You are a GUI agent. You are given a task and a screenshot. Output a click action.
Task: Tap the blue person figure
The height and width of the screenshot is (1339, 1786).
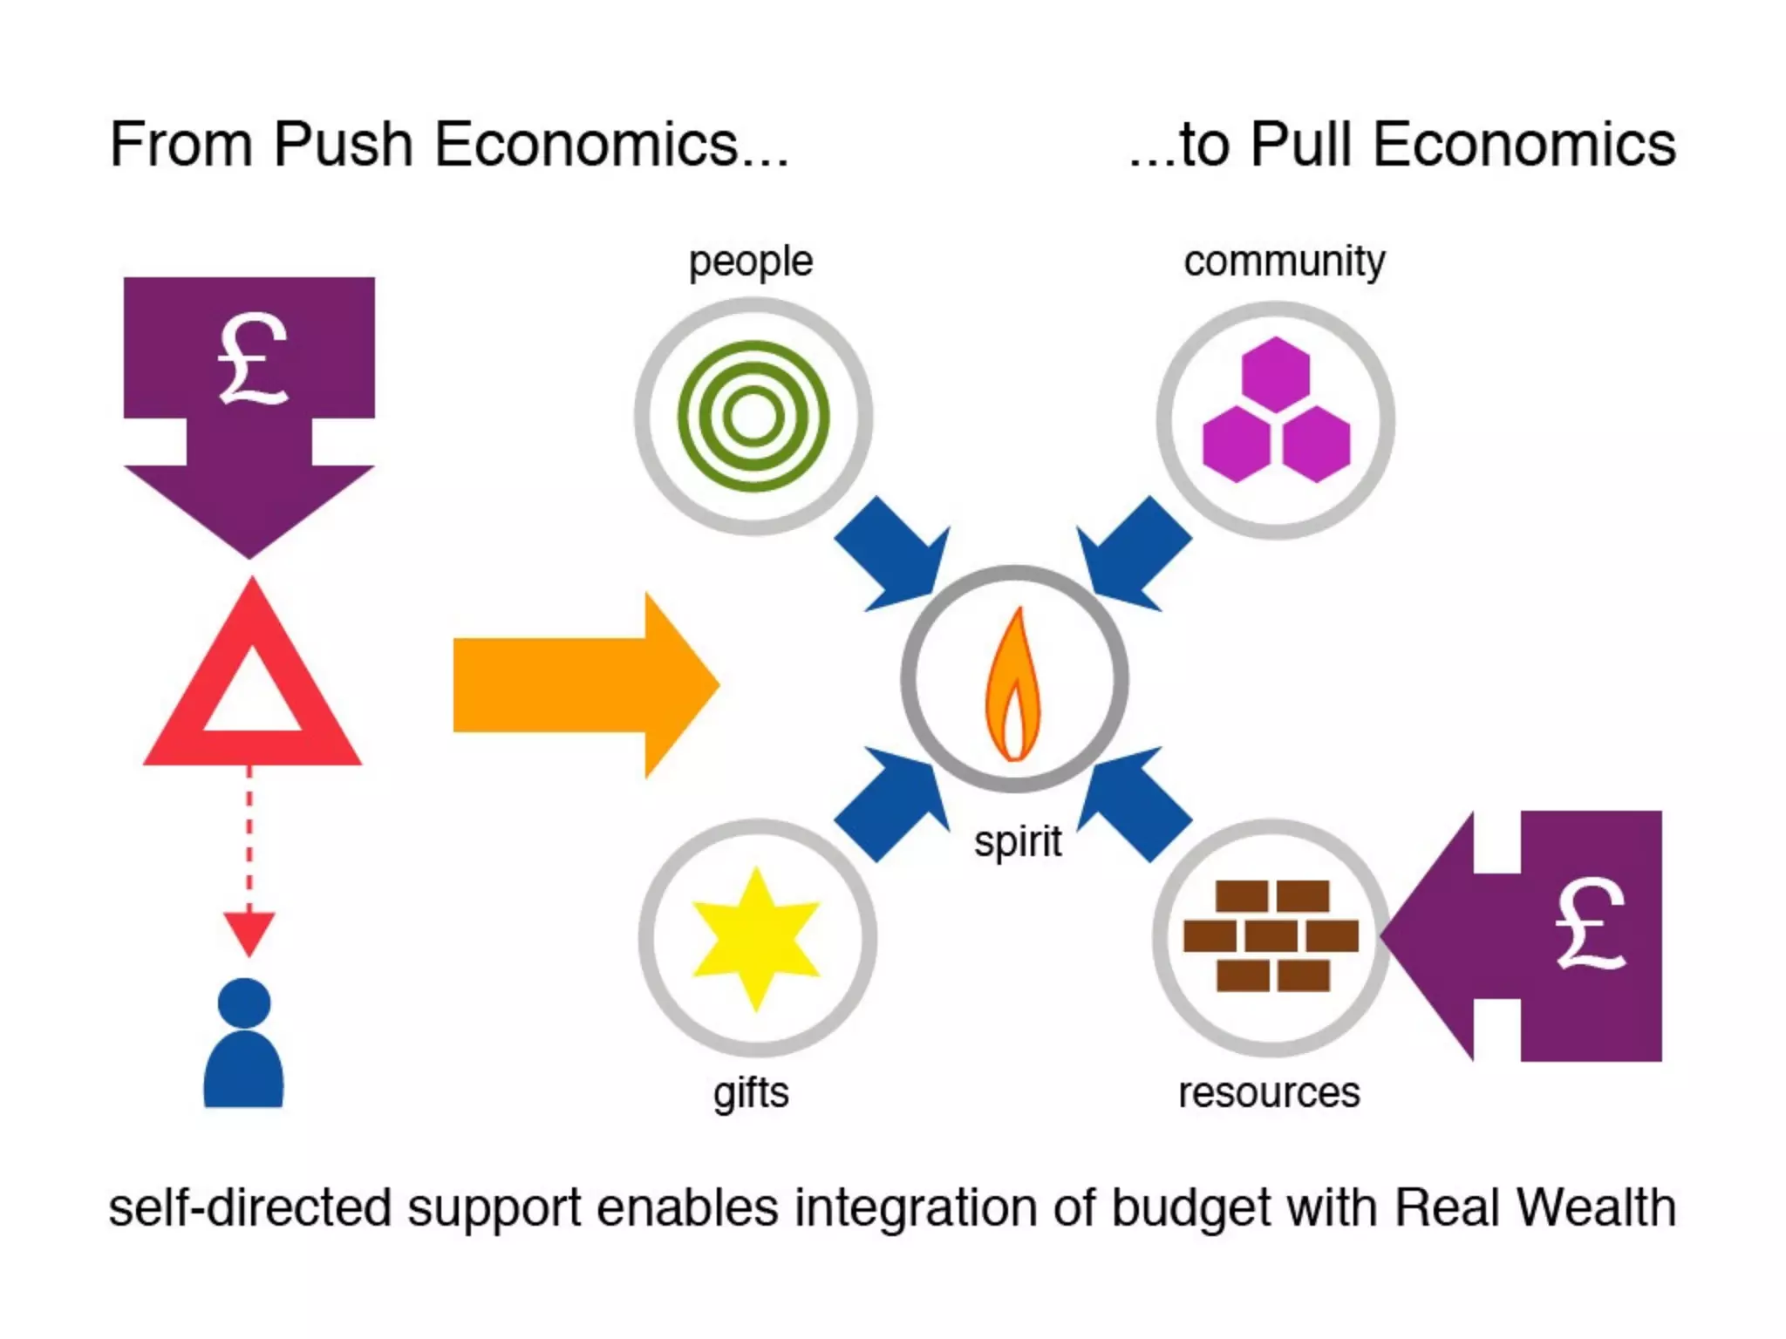[243, 1046]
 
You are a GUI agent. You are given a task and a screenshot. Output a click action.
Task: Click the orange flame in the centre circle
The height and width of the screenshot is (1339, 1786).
[1012, 689]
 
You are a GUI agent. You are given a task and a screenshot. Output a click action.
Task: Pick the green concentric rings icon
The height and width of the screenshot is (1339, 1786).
[753, 416]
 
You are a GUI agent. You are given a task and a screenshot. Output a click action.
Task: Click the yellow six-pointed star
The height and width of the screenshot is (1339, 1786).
[755, 938]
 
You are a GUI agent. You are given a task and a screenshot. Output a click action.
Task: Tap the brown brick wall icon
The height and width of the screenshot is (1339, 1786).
[1271, 936]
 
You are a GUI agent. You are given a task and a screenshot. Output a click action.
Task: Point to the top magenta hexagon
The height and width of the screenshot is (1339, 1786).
[1275, 375]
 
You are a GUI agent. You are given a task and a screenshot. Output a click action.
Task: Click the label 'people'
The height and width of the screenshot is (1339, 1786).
[750, 262]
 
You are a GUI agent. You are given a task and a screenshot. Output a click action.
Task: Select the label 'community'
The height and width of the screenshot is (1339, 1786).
[1284, 261]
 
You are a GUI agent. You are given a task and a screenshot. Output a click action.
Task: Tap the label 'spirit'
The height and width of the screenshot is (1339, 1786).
[1018, 842]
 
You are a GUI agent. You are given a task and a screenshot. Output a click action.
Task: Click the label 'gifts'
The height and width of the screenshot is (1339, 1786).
[751, 1093]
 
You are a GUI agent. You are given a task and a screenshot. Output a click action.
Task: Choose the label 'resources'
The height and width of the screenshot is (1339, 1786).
[1269, 1093]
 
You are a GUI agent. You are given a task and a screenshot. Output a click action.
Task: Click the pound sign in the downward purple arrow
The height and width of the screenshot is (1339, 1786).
[252, 359]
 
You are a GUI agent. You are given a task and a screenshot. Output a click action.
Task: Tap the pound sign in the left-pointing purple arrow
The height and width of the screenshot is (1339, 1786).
[1590, 924]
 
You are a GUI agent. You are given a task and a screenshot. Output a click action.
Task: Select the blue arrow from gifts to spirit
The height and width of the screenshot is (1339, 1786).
[894, 802]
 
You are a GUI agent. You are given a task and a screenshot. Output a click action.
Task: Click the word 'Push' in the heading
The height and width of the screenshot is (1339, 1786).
[343, 144]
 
